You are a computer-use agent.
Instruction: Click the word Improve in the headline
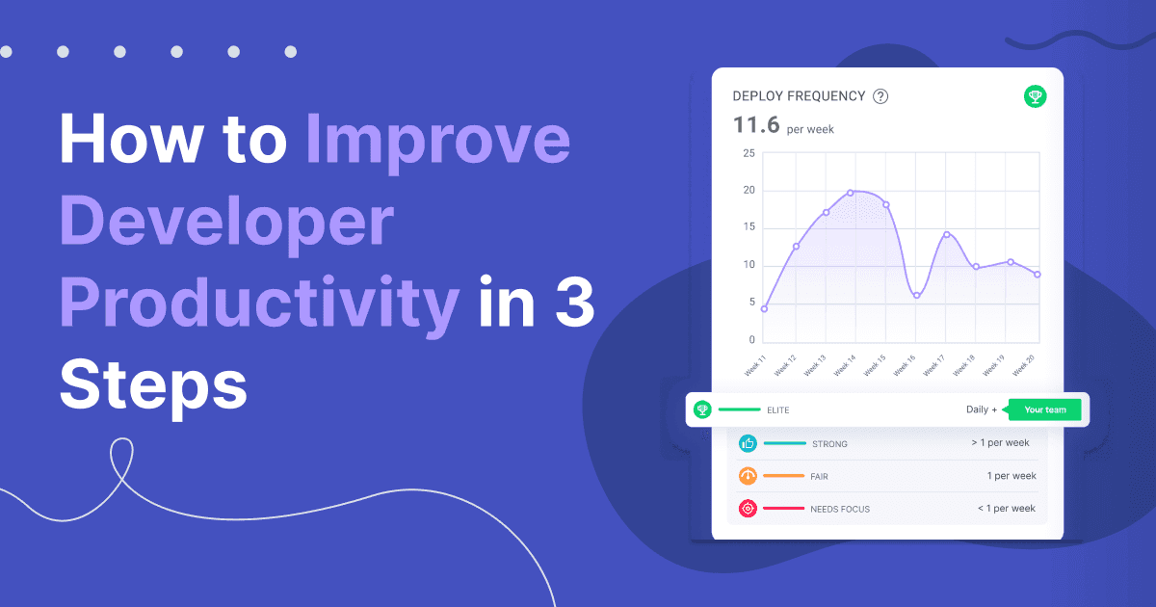click(x=438, y=141)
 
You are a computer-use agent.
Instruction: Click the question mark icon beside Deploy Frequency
click(x=880, y=96)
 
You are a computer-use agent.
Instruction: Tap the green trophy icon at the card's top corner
click(x=1035, y=96)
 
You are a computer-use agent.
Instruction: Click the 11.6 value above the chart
click(x=754, y=125)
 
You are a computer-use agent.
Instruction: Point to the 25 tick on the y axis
click(x=749, y=153)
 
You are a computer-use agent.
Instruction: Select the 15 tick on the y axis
click(x=749, y=228)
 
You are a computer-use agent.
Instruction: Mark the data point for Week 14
click(x=850, y=193)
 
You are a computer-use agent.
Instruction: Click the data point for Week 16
click(x=916, y=295)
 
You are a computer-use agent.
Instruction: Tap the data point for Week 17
click(x=947, y=234)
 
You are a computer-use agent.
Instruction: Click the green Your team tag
click(x=1045, y=409)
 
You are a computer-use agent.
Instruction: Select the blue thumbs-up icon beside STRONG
click(x=748, y=443)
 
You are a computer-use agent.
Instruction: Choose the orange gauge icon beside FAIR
click(x=748, y=476)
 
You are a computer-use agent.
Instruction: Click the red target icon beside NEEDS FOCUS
click(x=748, y=508)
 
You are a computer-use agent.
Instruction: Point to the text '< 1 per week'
click(x=1007, y=508)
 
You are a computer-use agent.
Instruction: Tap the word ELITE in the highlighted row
click(x=778, y=410)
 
